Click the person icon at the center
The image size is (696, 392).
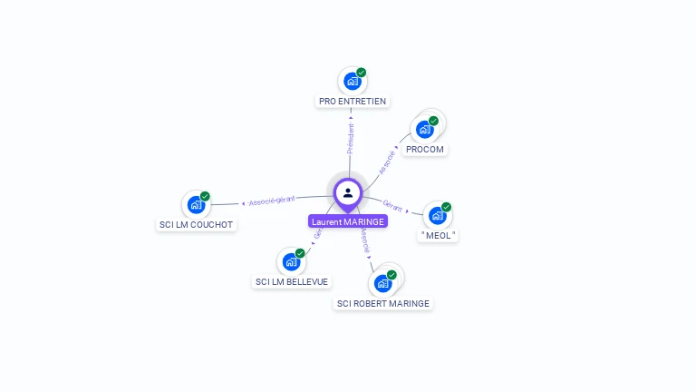pyautogui.click(x=348, y=193)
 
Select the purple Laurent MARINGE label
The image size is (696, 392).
pyautogui.click(x=348, y=221)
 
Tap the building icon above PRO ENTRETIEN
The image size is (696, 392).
pyautogui.click(x=352, y=81)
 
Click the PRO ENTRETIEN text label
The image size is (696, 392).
pyautogui.click(x=353, y=101)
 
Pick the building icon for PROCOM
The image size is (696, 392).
pyautogui.click(x=424, y=129)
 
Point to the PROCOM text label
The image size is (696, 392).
pyautogui.click(x=425, y=149)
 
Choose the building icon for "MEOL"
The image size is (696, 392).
pyautogui.click(x=437, y=215)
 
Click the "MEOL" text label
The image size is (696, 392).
pyautogui.click(x=439, y=235)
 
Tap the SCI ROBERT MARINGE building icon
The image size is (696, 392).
pyautogui.click(x=382, y=283)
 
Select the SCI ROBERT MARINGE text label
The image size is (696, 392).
pyautogui.click(x=383, y=303)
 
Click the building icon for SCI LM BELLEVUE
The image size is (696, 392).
pyautogui.click(x=291, y=261)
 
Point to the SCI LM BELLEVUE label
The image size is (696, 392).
pyautogui.click(x=292, y=281)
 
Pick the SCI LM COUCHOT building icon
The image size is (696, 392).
pyautogui.click(x=195, y=204)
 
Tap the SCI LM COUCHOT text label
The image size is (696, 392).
pyautogui.click(x=196, y=224)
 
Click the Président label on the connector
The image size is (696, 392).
pyautogui.click(x=351, y=138)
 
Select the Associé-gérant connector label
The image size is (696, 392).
pyautogui.click(x=273, y=201)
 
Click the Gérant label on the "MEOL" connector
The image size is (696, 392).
pyautogui.click(x=392, y=206)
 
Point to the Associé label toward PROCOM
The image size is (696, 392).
pyautogui.click(x=388, y=161)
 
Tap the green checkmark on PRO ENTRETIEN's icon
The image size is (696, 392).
pyautogui.click(x=362, y=73)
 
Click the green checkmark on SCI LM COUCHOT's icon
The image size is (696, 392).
pyautogui.click(x=205, y=196)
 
